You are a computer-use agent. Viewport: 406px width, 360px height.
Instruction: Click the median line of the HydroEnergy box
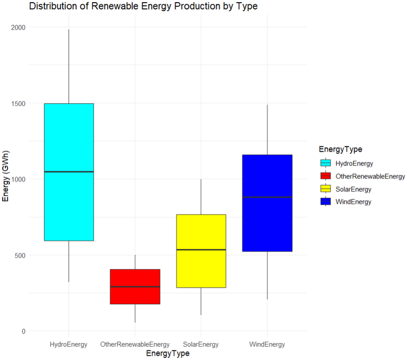click(x=69, y=172)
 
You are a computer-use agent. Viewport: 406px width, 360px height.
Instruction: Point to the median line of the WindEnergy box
click(x=267, y=197)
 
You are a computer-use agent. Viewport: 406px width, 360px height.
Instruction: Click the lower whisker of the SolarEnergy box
click(x=201, y=301)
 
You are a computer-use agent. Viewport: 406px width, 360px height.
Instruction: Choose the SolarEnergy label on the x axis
click(x=201, y=345)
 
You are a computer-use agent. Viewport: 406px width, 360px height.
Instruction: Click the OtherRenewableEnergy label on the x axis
click(x=135, y=345)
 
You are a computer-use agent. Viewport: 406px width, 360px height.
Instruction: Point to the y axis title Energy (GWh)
click(x=6, y=179)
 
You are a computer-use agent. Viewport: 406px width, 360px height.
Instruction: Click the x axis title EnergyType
click(x=168, y=354)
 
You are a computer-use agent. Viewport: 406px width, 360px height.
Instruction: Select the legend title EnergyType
click(x=340, y=150)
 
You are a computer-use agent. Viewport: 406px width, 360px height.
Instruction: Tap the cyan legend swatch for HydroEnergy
click(x=326, y=163)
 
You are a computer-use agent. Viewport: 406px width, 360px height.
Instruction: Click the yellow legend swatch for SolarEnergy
click(x=326, y=189)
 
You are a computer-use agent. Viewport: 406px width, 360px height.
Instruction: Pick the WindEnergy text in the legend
click(x=354, y=201)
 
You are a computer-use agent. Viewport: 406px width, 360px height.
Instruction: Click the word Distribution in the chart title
click(x=51, y=6)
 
